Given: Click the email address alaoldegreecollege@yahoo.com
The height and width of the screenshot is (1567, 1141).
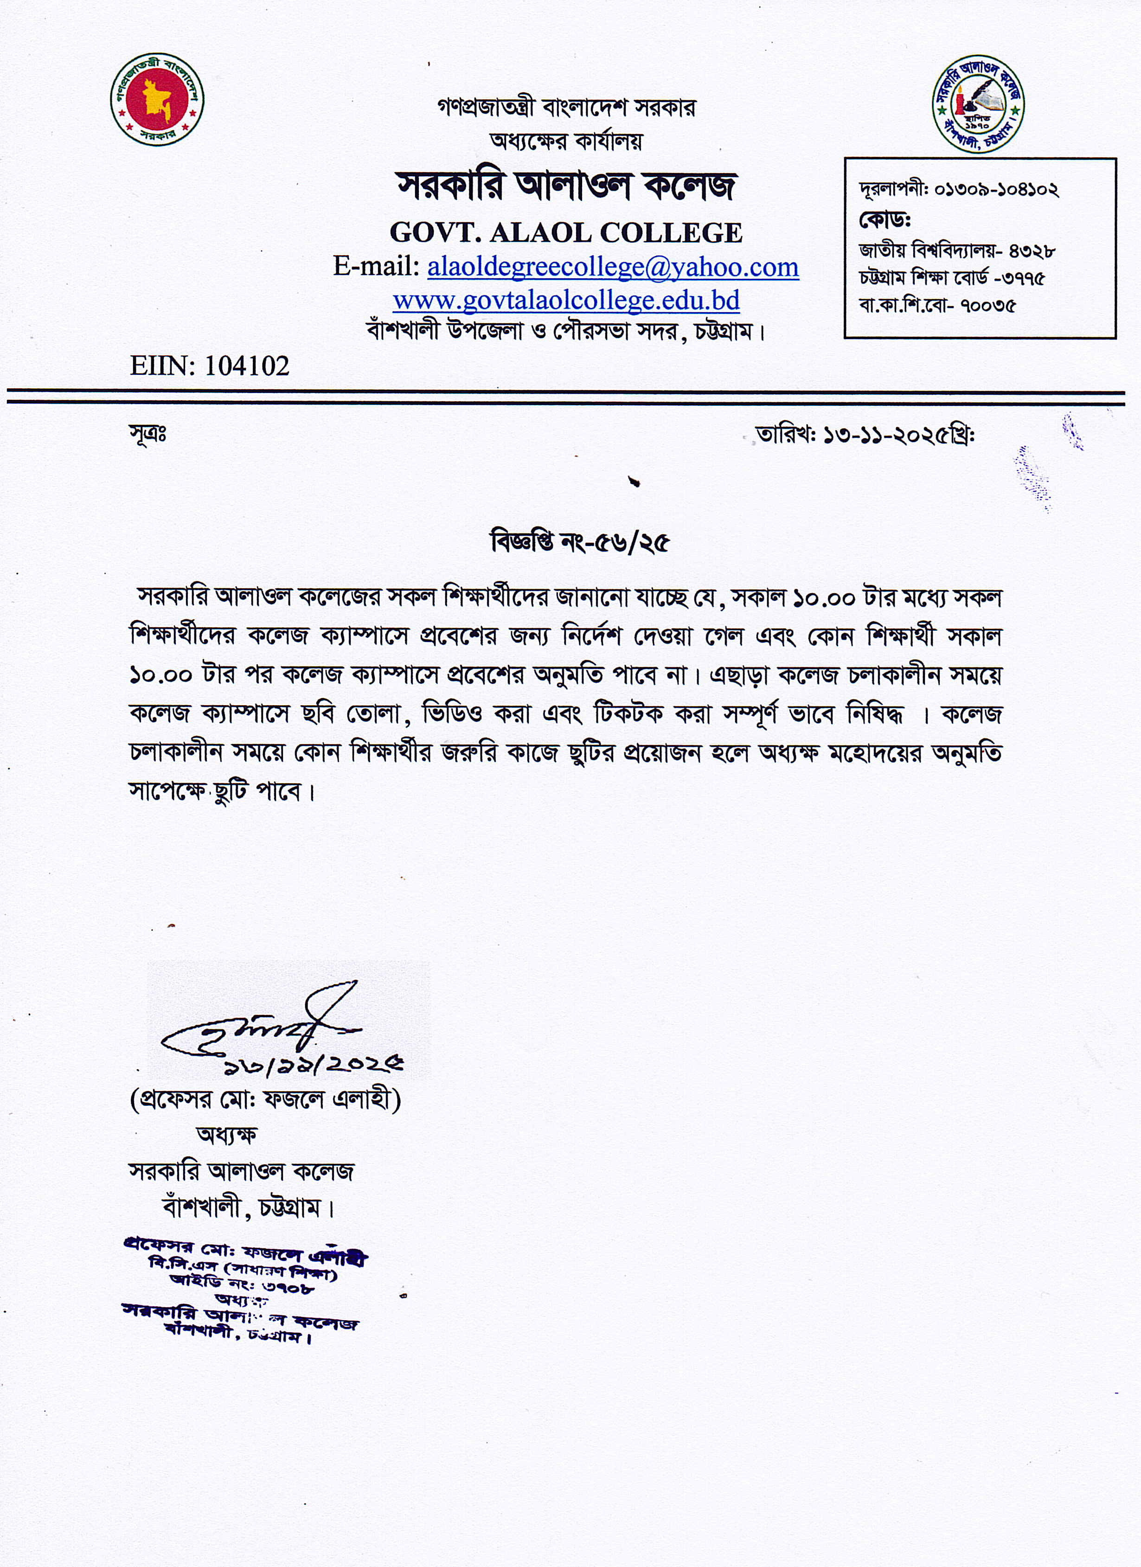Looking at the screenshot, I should coord(613,267).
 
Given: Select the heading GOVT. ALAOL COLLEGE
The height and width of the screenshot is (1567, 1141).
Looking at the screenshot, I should coord(566,233).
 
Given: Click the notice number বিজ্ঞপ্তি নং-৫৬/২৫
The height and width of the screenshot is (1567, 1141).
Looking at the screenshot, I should coord(579,542).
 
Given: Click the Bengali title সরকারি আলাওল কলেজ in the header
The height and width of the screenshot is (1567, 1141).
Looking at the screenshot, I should coord(566,186).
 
